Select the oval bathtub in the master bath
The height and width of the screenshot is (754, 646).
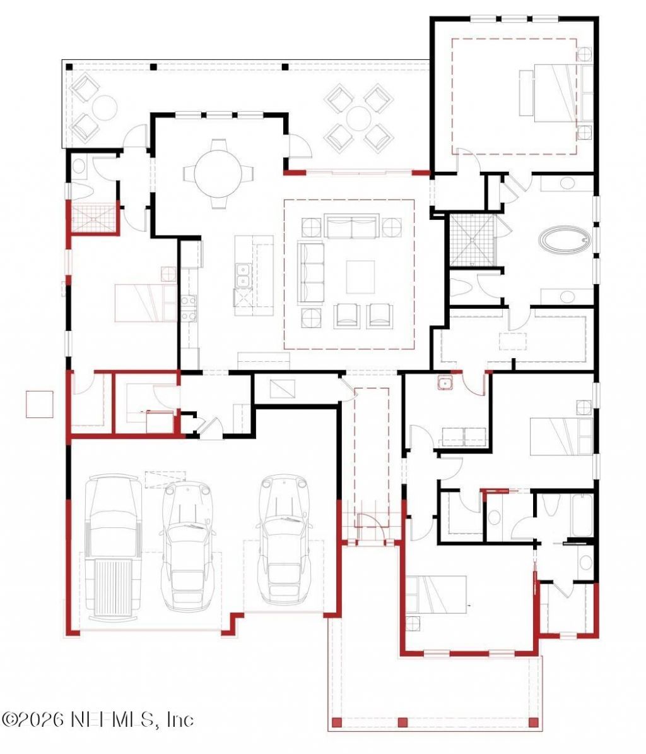pos(565,239)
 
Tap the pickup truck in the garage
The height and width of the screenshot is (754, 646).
pos(114,548)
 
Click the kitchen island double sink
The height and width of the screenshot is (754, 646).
pos(243,275)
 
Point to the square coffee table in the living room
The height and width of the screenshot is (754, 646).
pos(360,277)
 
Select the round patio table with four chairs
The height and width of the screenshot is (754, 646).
pos(358,118)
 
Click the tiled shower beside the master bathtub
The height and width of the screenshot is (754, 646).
pos(473,240)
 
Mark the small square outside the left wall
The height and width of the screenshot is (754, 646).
pos(39,404)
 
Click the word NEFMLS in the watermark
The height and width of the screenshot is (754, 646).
pos(114,719)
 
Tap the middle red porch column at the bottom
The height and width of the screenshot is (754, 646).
pos(403,722)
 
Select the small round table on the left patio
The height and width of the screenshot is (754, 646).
pos(105,108)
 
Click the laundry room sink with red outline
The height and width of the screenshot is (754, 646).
pos(445,383)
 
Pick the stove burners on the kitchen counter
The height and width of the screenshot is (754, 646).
pos(189,308)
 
